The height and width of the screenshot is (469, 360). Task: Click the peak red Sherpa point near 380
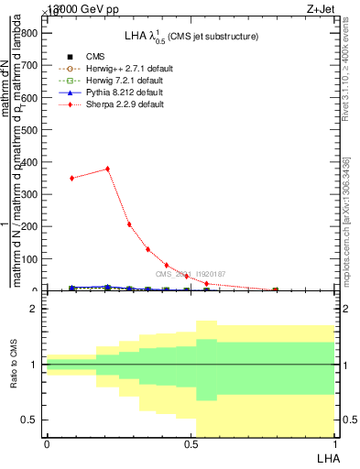[x=108, y=169]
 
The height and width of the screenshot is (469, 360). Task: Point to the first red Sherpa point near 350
[x=71, y=178]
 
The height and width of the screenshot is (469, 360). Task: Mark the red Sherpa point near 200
[x=129, y=224]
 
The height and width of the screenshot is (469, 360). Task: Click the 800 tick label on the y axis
[x=29, y=33]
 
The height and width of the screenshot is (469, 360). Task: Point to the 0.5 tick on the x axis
[x=191, y=444]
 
